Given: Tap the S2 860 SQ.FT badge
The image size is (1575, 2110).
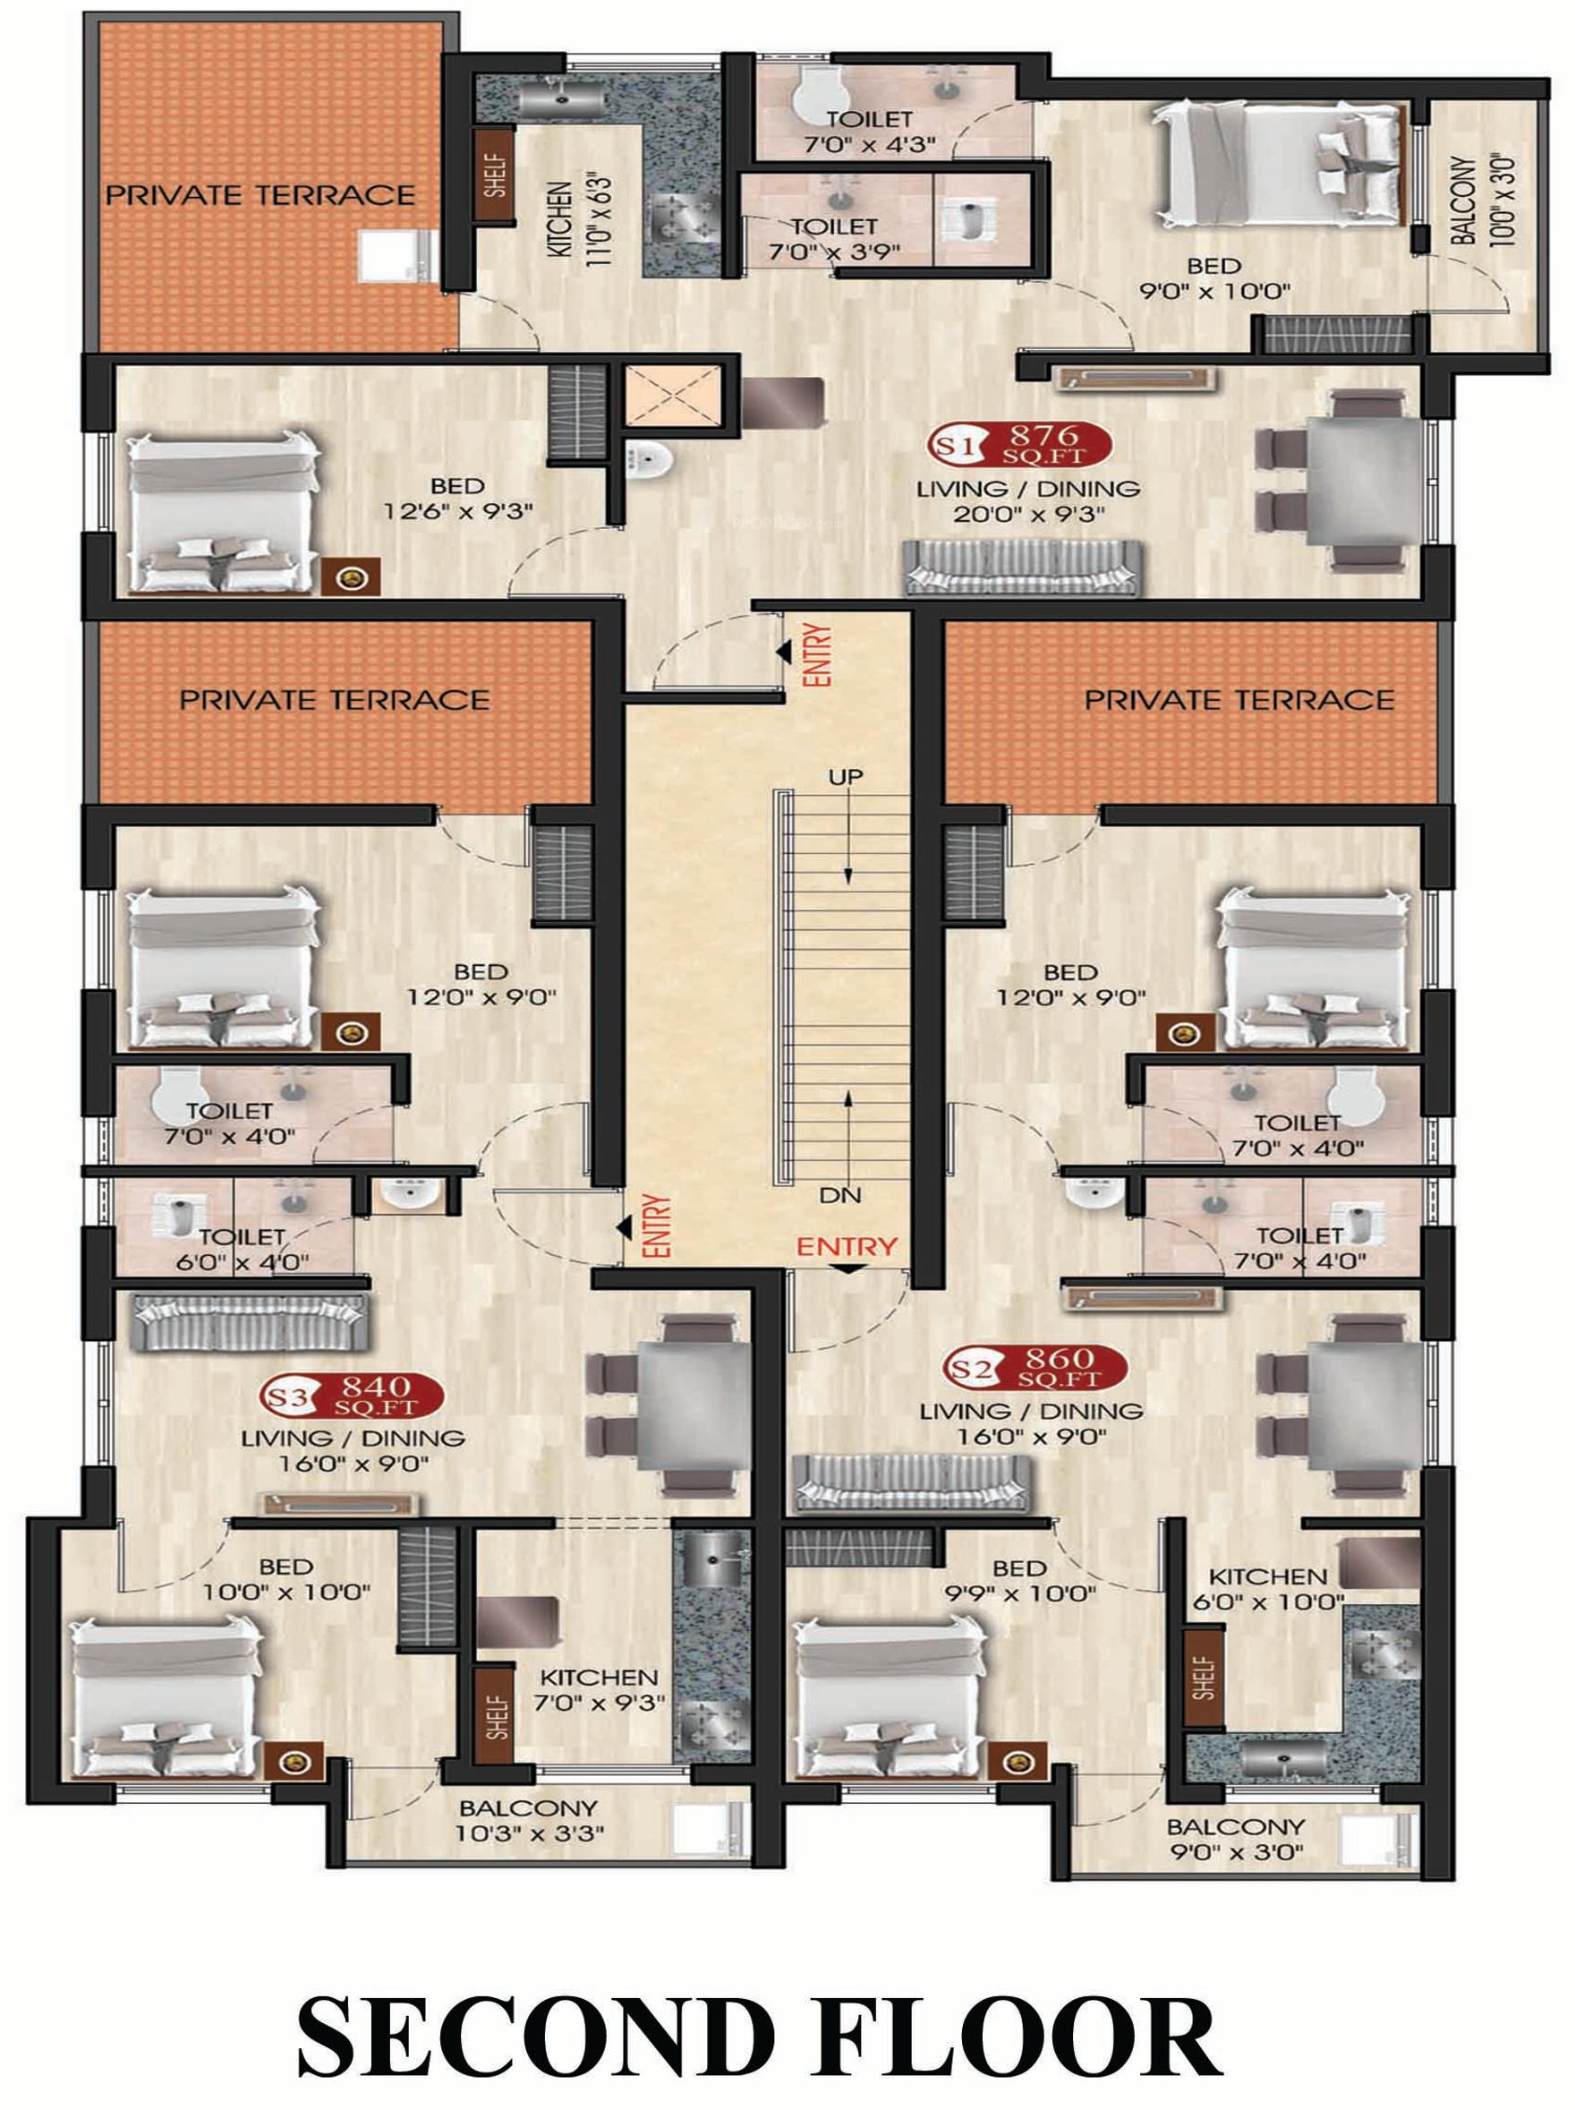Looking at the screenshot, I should tap(1036, 1368).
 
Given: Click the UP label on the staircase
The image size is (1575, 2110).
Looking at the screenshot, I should tap(845, 777).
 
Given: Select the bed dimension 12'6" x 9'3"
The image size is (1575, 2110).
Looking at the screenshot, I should tap(456, 512).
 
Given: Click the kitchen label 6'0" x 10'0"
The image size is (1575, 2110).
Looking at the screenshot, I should tap(1269, 1601).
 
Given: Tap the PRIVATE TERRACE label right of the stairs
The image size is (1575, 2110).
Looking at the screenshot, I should tap(1239, 701).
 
